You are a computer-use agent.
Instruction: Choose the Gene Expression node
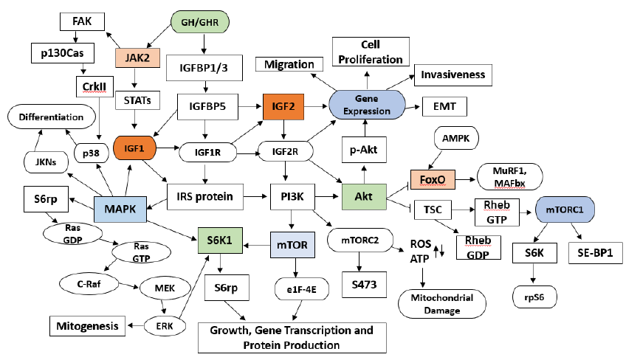coord(367,103)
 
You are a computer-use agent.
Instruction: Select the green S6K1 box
coord(220,240)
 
